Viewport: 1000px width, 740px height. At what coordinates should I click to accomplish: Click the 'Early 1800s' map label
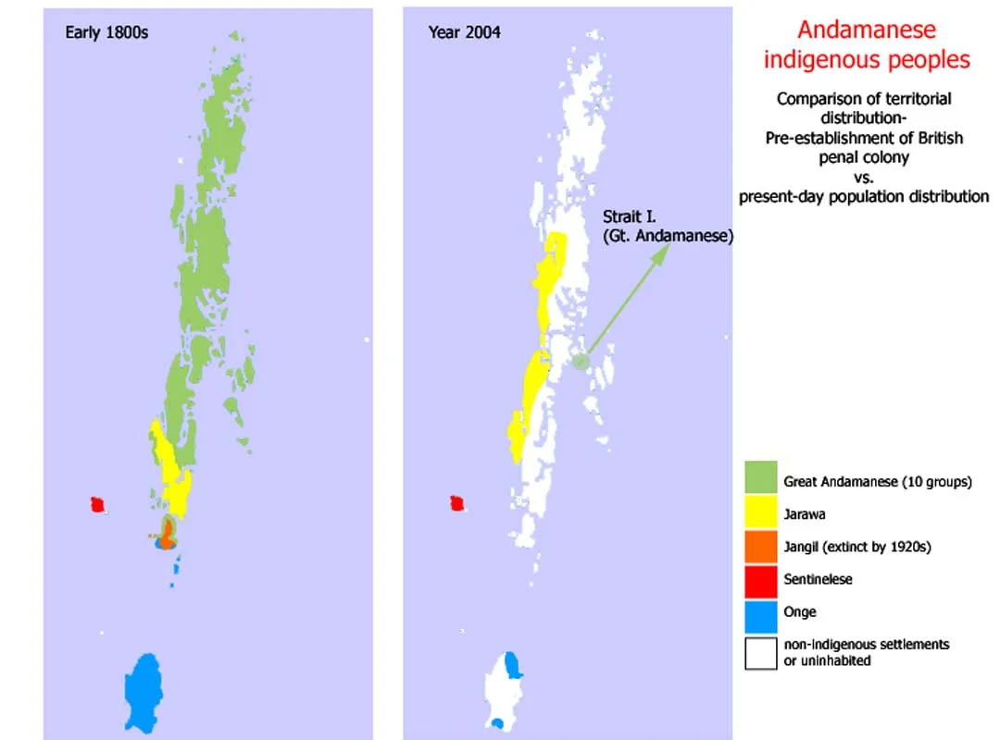point(106,32)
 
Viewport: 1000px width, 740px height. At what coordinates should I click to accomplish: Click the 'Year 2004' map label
point(465,32)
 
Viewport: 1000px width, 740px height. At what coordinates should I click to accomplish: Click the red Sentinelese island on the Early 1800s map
point(96,504)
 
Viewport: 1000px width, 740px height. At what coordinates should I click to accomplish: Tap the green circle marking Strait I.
point(580,362)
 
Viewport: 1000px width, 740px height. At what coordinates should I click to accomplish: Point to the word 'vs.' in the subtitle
point(863,177)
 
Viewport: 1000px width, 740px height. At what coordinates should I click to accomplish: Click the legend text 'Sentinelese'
point(818,579)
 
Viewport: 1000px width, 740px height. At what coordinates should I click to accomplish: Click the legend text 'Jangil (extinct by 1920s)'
point(856,547)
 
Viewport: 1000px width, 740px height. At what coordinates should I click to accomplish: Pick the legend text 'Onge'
point(800,611)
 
